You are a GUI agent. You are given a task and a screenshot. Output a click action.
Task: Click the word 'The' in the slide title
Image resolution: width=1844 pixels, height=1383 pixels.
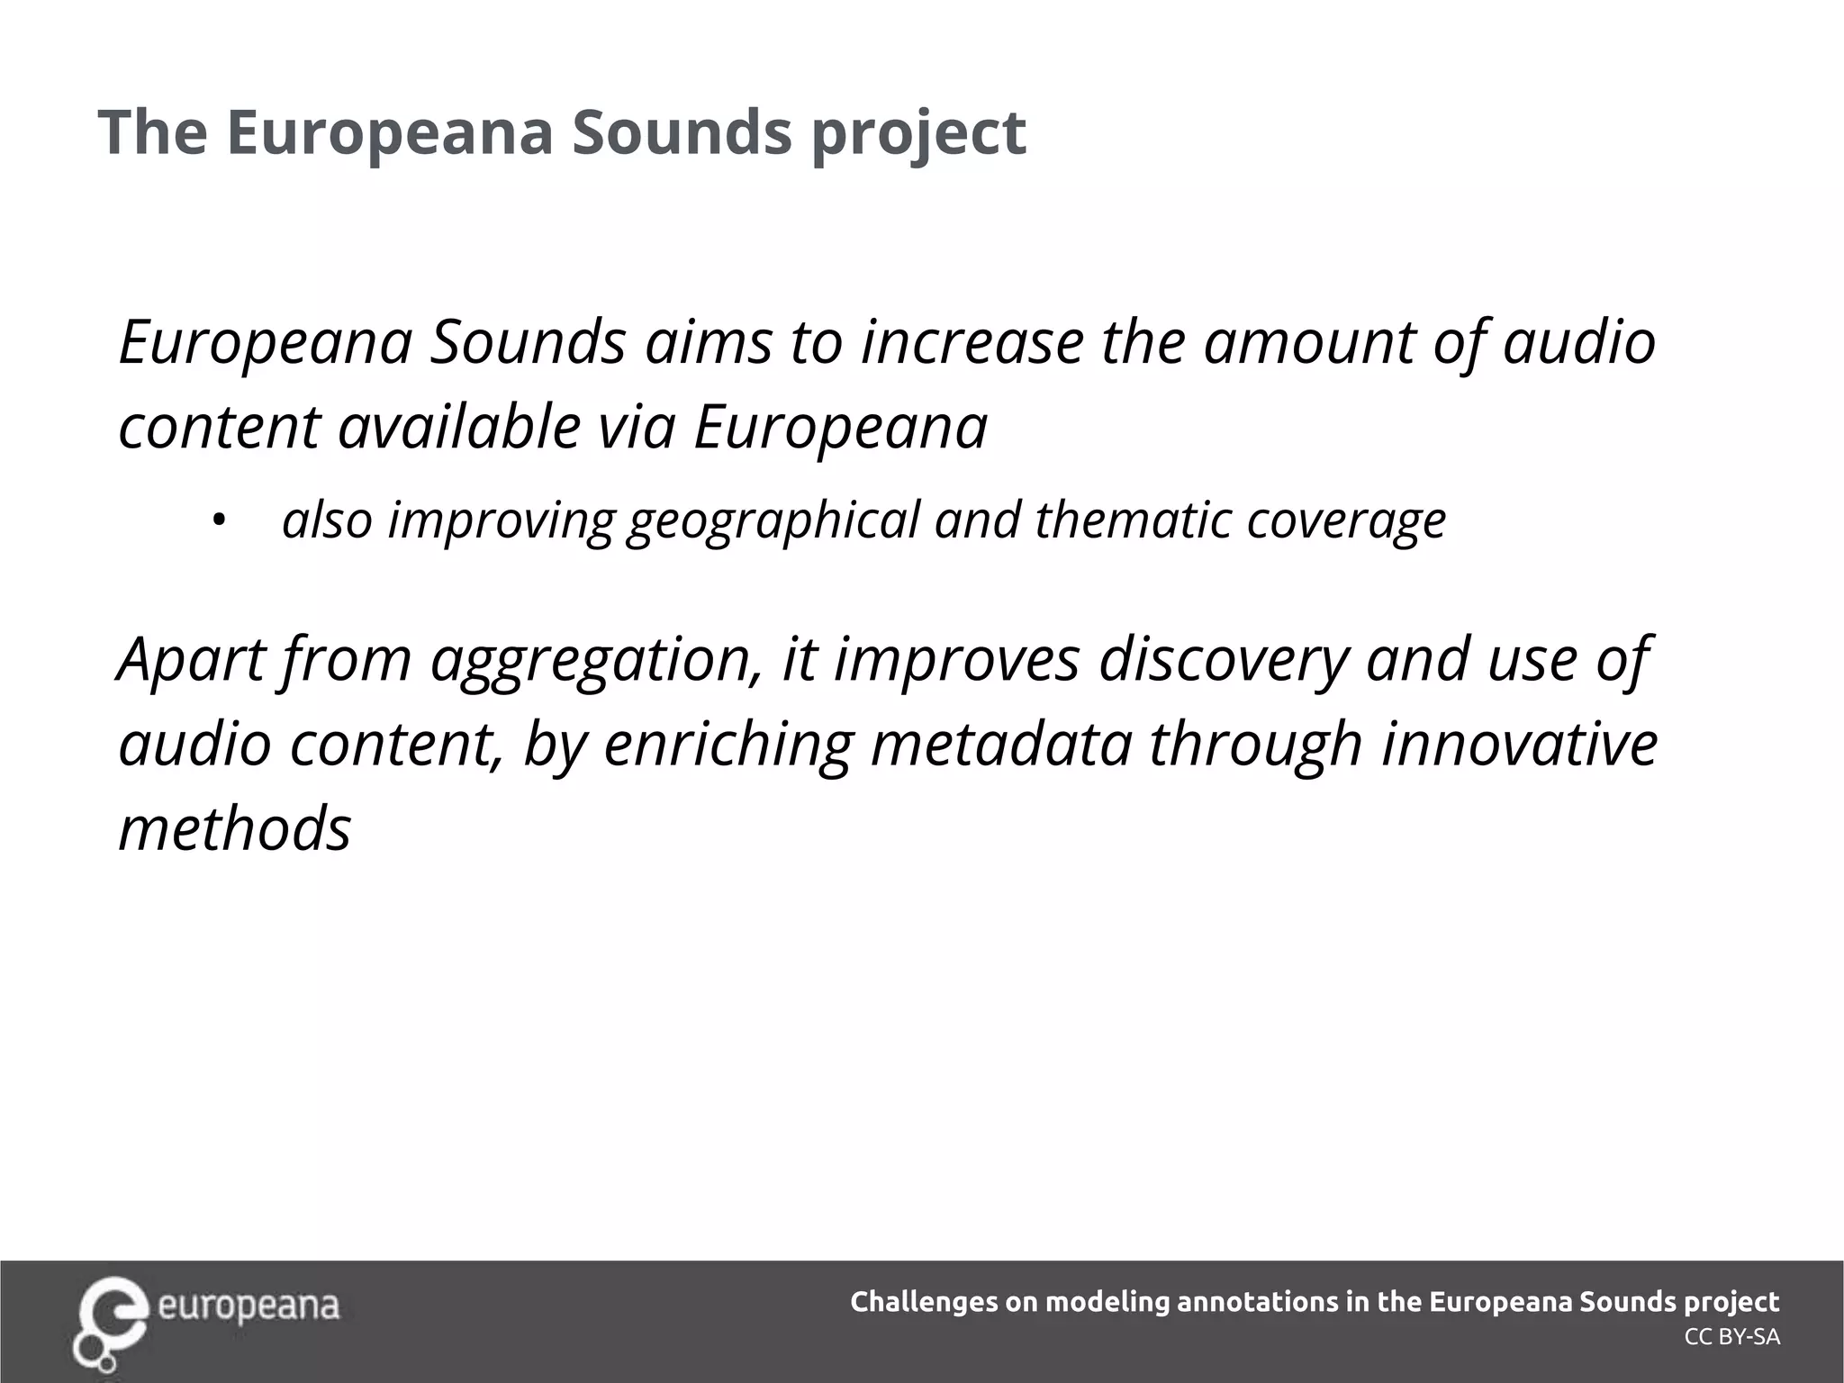[152, 131]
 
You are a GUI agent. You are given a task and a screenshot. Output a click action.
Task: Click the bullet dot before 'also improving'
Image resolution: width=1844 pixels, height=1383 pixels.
[217, 520]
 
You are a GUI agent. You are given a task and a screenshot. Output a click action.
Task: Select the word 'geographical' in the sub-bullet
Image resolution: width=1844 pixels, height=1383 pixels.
[773, 520]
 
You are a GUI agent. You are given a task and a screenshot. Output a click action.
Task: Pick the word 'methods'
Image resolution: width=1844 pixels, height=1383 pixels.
[234, 827]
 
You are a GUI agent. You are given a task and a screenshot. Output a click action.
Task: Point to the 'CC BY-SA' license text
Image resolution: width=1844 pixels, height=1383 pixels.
[1731, 1337]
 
